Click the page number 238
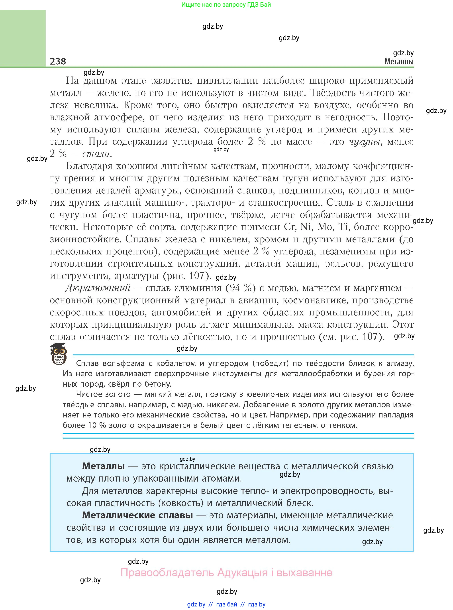point(58,61)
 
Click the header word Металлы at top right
point(399,61)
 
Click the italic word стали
point(96,154)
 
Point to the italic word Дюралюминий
point(98,288)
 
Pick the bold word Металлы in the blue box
point(103,466)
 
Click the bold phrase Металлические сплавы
point(137,515)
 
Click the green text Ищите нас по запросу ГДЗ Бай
point(226,5)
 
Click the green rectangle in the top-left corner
point(23,38)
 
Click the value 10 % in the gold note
point(96,425)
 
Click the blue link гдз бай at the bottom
point(227,604)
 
